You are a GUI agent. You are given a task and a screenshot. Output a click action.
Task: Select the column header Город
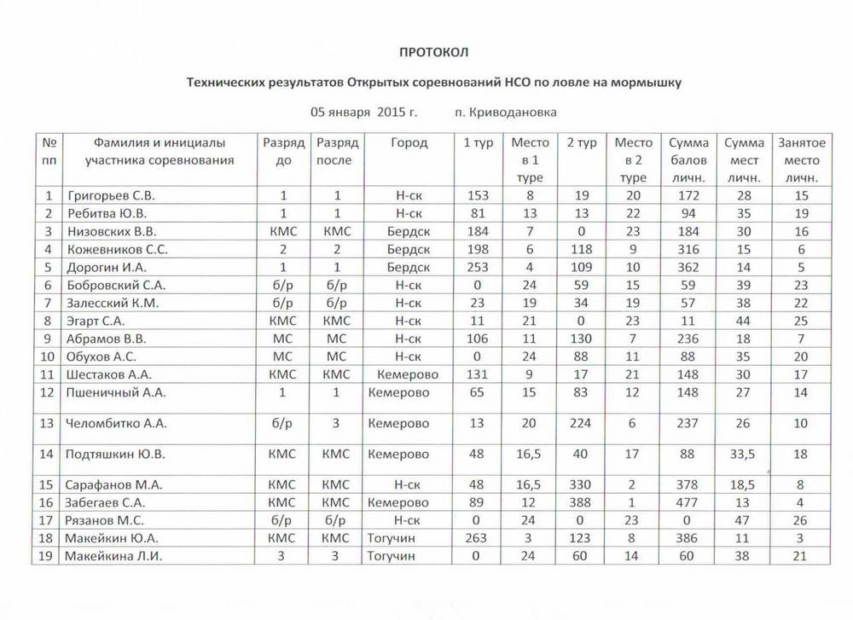[x=409, y=142]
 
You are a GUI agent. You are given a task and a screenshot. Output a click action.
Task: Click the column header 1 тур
[x=478, y=142]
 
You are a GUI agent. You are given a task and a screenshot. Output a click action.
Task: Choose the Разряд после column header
[x=338, y=151]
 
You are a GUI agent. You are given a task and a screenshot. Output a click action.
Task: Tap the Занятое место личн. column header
[x=801, y=160]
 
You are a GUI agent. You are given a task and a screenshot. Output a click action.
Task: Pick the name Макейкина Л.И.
[x=113, y=556]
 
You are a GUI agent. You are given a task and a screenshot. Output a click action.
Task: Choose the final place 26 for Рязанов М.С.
[x=800, y=520]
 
